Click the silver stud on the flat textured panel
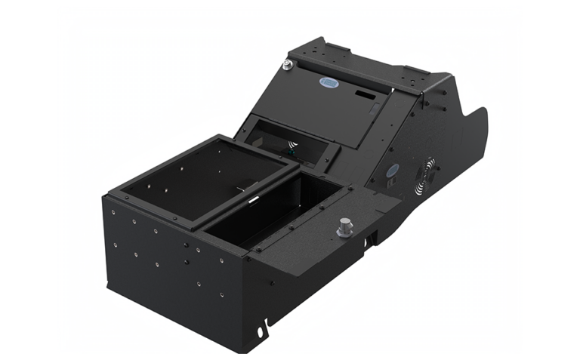click(345, 226)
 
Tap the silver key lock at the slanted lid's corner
click(288, 66)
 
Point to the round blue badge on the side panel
click(391, 171)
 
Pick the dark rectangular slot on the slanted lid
click(365, 97)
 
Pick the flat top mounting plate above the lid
click(362, 64)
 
